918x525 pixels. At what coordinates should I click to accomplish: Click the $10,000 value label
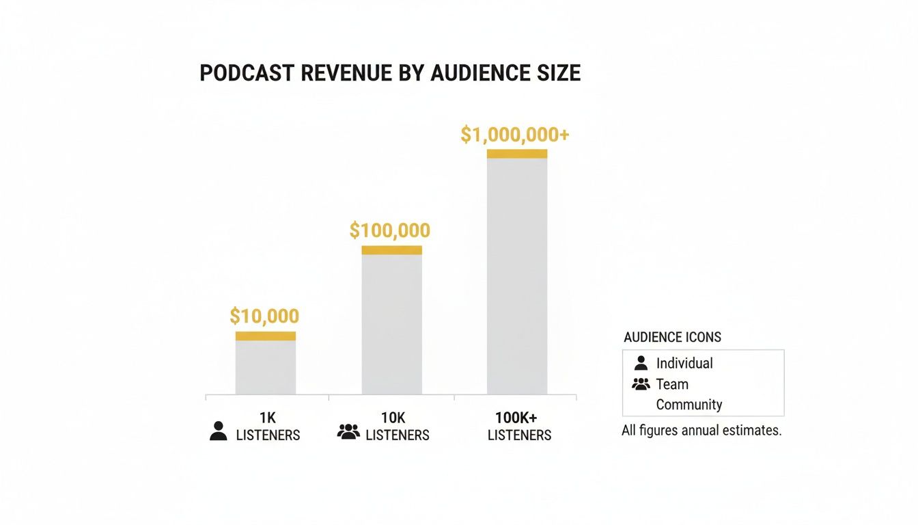click(x=264, y=316)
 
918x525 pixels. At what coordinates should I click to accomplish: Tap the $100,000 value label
click(x=389, y=230)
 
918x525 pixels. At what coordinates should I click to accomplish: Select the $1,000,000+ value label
click(x=514, y=135)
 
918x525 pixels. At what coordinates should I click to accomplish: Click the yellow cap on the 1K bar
click(x=266, y=336)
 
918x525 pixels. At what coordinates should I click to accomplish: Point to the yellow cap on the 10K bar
click(x=391, y=250)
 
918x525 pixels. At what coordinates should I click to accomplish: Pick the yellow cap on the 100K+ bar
click(x=517, y=154)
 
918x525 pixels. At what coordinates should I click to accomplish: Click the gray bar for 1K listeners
click(x=266, y=367)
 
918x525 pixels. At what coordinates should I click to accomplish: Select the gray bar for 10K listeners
click(x=391, y=324)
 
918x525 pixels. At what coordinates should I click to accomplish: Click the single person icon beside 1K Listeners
click(x=219, y=431)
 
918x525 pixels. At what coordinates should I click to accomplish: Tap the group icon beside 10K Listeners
click(x=348, y=431)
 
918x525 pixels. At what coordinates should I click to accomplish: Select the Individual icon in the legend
click(x=641, y=363)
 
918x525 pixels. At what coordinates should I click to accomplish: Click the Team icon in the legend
click(x=641, y=384)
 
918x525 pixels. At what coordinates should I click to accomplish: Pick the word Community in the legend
click(x=688, y=405)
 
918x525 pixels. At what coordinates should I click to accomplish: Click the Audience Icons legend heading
click(x=672, y=337)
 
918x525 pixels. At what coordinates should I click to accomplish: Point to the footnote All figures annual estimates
click(x=701, y=431)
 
